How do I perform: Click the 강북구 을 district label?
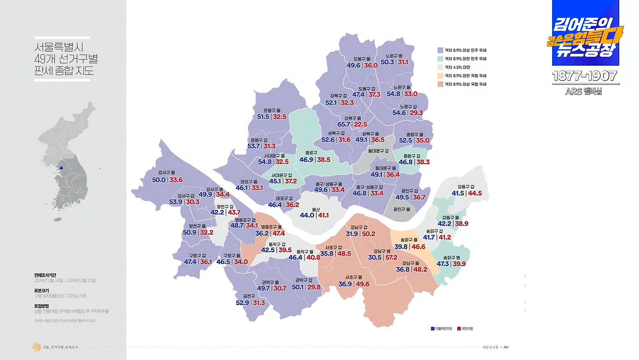(x=352, y=118)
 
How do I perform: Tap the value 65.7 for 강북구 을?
(x=343, y=125)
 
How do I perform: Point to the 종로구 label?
(x=311, y=153)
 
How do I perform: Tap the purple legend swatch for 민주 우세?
(x=440, y=50)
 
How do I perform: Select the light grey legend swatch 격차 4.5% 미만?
(x=440, y=67)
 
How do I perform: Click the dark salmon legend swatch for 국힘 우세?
(x=440, y=84)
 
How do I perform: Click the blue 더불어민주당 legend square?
(x=432, y=329)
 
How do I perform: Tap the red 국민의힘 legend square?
(x=458, y=329)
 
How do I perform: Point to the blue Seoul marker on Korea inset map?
(x=61, y=168)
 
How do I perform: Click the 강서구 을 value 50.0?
(x=159, y=180)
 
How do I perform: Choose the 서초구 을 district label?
(x=353, y=278)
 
